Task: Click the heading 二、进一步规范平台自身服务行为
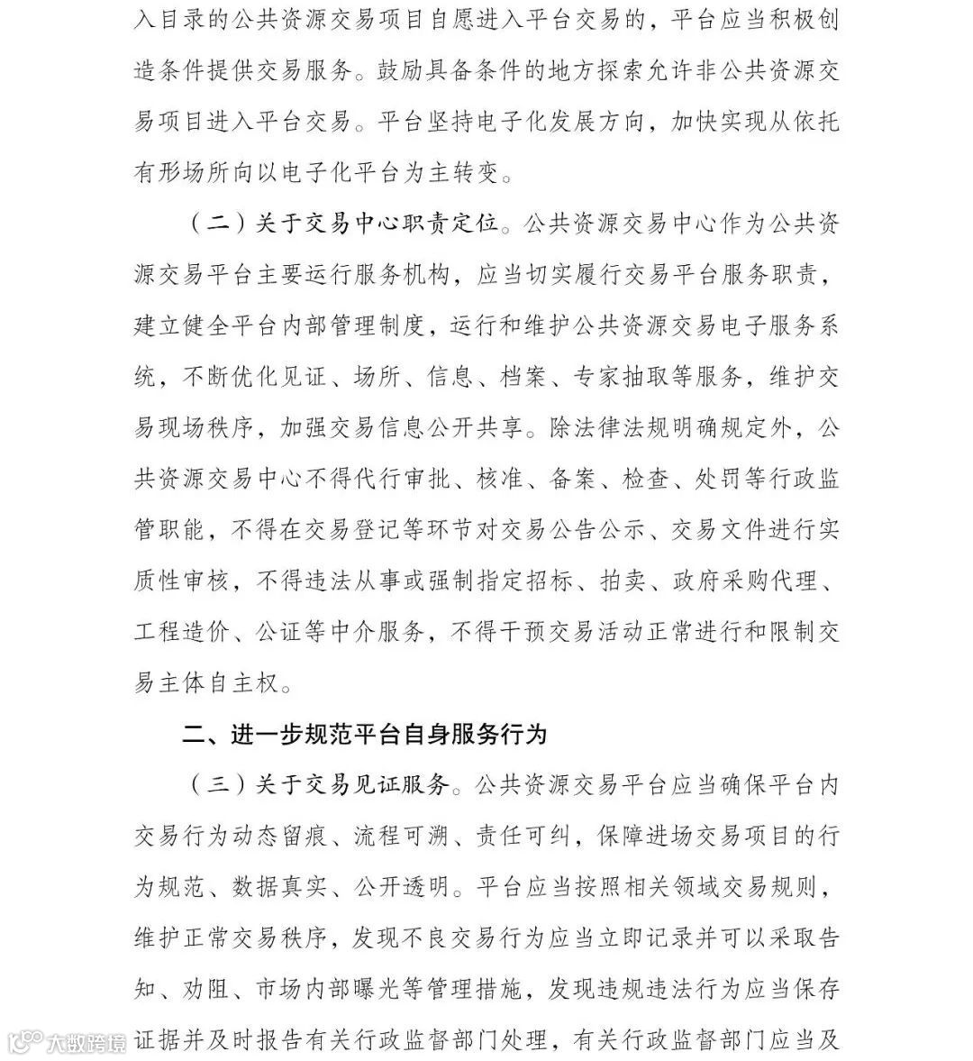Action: pyautogui.click(x=365, y=735)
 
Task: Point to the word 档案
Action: pyautogui.click(x=523, y=378)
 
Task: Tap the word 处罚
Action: pyautogui.click(x=716, y=480)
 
